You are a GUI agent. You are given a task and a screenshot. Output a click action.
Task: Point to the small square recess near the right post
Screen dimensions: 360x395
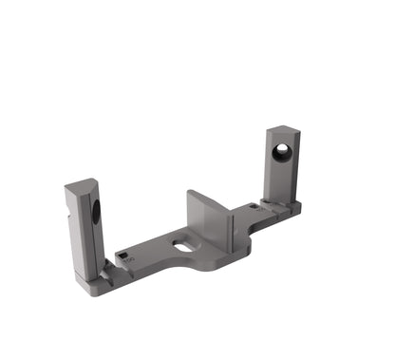(252, 204)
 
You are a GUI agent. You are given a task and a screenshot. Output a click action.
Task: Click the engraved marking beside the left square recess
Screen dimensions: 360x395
(130, 257)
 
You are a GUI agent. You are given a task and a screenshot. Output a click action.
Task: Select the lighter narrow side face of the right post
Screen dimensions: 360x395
(296, 166)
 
